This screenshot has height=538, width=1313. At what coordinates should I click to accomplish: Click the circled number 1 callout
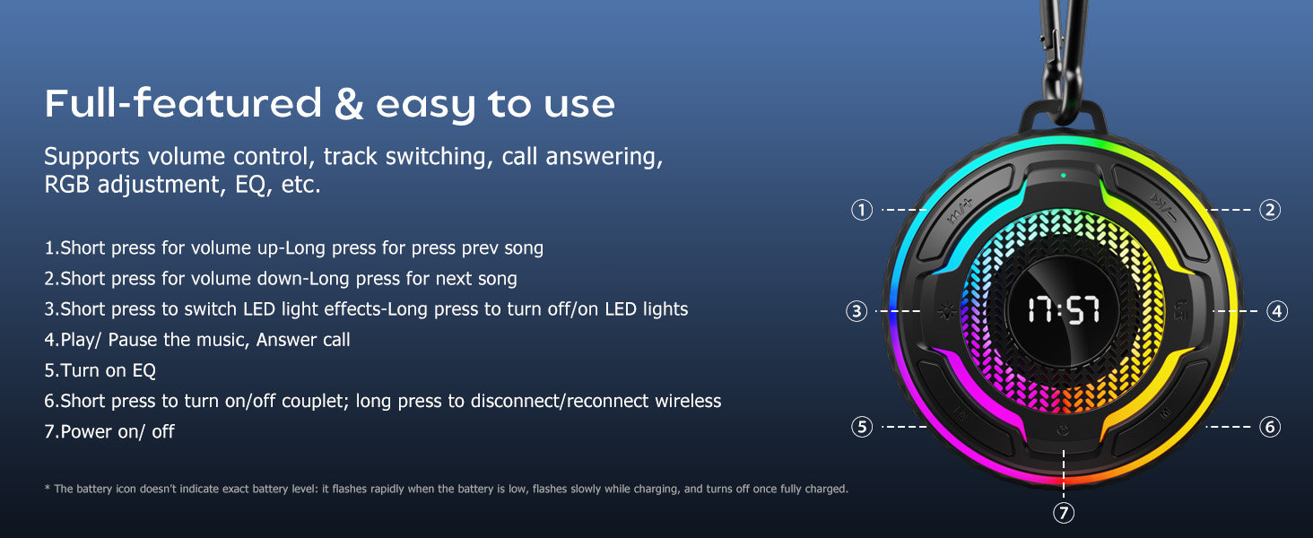point(862,210)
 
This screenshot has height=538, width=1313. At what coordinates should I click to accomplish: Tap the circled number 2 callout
point(1270,210)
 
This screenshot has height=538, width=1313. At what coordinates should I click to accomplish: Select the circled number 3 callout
point(856,311)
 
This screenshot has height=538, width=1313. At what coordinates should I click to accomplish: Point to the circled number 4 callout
point(1277,311)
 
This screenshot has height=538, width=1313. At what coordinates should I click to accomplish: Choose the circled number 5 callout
point(862,427)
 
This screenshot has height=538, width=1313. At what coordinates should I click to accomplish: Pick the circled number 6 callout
point(1270,427)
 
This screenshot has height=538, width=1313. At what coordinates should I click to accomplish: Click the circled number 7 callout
point(1064,513)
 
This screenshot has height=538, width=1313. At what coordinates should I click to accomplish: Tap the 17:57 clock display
point(1064,309)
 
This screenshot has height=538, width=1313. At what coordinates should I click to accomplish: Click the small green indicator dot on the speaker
point(1064,175)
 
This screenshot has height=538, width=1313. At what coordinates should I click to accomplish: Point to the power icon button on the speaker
point(1063,430)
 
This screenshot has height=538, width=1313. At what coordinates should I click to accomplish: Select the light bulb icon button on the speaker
point(945,311)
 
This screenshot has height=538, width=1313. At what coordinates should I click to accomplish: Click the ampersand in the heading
point(349,104)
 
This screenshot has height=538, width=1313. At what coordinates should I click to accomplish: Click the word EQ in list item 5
point(143,370)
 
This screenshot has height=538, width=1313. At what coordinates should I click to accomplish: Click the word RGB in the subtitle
point(68,185)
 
